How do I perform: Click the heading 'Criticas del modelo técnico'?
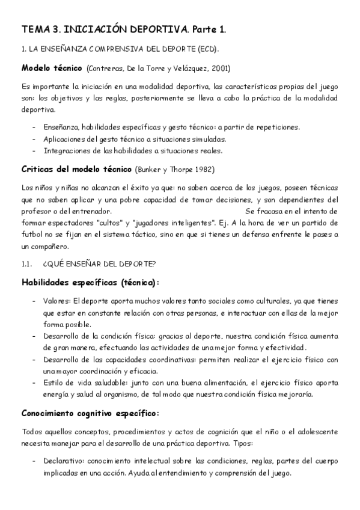coord(77,168)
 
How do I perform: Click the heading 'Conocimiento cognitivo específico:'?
coord(90,413)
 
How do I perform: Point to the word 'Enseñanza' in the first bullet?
coord(61,127)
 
